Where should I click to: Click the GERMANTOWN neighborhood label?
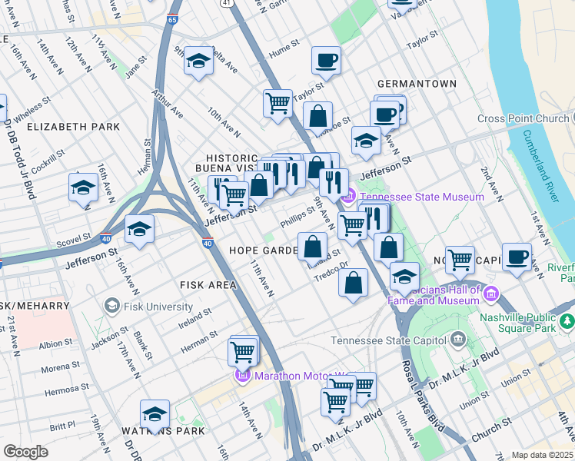point(417,83)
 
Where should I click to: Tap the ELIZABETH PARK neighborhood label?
point(74,126)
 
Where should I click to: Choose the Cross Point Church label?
point(523,118)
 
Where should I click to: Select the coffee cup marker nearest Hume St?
point(326,60)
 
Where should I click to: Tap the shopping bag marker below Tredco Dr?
point(353,283)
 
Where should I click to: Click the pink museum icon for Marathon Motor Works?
point(241,376)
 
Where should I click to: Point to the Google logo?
point(26,452)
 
